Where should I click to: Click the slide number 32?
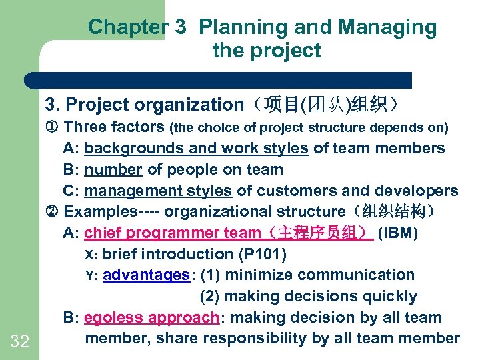[20, 342]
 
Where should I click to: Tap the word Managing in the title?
[387, 27]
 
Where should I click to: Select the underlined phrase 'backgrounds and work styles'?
[197, 148]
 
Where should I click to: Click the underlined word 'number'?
[113, 169]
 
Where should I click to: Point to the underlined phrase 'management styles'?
[159, 191]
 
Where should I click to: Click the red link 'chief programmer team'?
[173, 233]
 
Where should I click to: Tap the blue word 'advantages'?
[147, 275]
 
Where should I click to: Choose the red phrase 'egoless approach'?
[152, 317]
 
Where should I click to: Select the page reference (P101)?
[261, 254]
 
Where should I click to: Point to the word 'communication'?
[359, 275]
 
